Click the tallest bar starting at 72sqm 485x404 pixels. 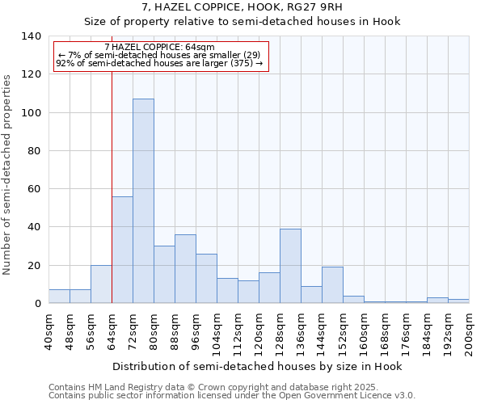tap(143, 201)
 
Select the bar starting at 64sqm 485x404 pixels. tap(122, 250)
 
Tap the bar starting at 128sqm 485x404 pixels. tap(290, 266)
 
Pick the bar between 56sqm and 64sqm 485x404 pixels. tap(101, 284)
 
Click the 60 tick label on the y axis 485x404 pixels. tap(34, 189)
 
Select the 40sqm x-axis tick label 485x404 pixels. tap(48, 330)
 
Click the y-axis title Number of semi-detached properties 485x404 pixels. tap(8, 175)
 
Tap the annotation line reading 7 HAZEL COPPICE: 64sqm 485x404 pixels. tap(160, 48)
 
